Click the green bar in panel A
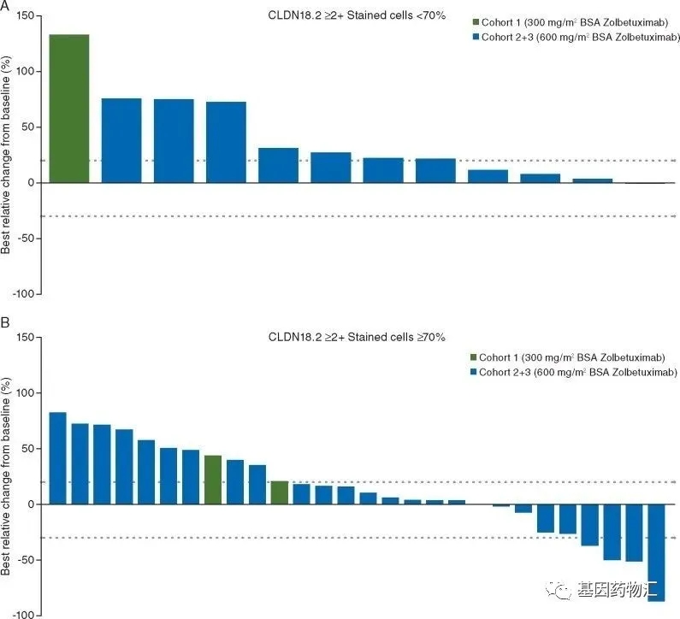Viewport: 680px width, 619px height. [69, 109]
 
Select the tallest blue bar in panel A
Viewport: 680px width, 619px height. [121, 140]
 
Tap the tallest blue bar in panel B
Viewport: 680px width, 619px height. [58, 458]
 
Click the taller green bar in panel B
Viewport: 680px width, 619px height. [213, 480]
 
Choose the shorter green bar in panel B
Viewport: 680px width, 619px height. [279, 492]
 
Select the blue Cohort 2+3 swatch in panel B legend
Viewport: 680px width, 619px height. [473, 373]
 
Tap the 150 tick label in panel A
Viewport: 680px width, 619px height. [26, 16]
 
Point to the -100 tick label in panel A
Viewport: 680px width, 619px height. [24, 294]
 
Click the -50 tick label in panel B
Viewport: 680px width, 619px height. [27, 560]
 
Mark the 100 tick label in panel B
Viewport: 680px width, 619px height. [26, 393]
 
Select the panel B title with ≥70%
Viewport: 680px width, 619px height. [356, 338]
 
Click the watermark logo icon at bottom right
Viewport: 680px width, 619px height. [564, 590]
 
